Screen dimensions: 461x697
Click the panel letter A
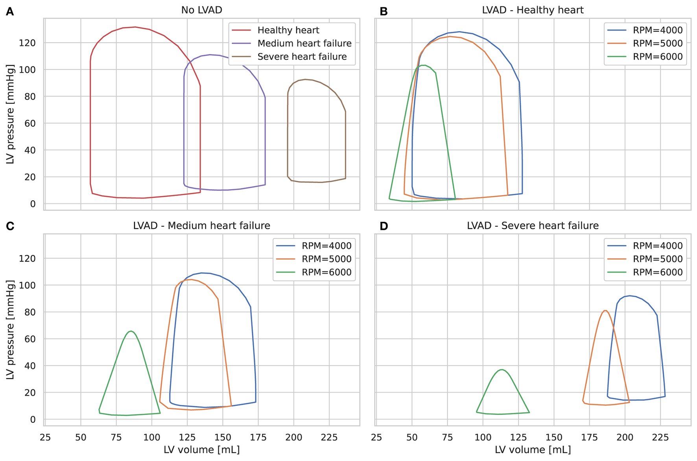click(x=10, y=11)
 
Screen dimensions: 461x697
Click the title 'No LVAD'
click(x=201, y=10)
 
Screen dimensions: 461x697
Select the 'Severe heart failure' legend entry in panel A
click(x=302, y=57)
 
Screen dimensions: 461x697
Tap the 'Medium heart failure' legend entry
click(x=304, y=43)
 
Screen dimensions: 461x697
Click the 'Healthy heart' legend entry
click(x=288, y=30)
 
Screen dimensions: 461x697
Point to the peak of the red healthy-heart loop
click(x=135, y=27)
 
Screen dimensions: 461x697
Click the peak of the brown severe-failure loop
click(x=305, y=79)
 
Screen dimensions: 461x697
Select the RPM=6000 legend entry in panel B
click(x=657, y=57)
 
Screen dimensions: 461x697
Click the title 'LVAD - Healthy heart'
click(x=533, y=10)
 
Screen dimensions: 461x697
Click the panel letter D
click(x=384, y=226)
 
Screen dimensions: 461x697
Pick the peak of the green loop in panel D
click(x=501, y=370)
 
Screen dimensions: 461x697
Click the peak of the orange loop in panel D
click(x=605, y=311)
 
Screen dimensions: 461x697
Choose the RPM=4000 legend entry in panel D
click(x=657, y=246)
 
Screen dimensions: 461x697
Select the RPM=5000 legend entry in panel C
click(x=326, y=259)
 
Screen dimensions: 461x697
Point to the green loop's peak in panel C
click(x=131, y=331)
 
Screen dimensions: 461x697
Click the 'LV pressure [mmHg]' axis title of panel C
click(x=10, y=330)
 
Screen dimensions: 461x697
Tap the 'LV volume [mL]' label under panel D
click(x=533, y=450)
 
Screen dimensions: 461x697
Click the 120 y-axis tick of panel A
click(x=27, y=43)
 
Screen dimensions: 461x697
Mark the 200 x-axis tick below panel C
click(x=293, y=437)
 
